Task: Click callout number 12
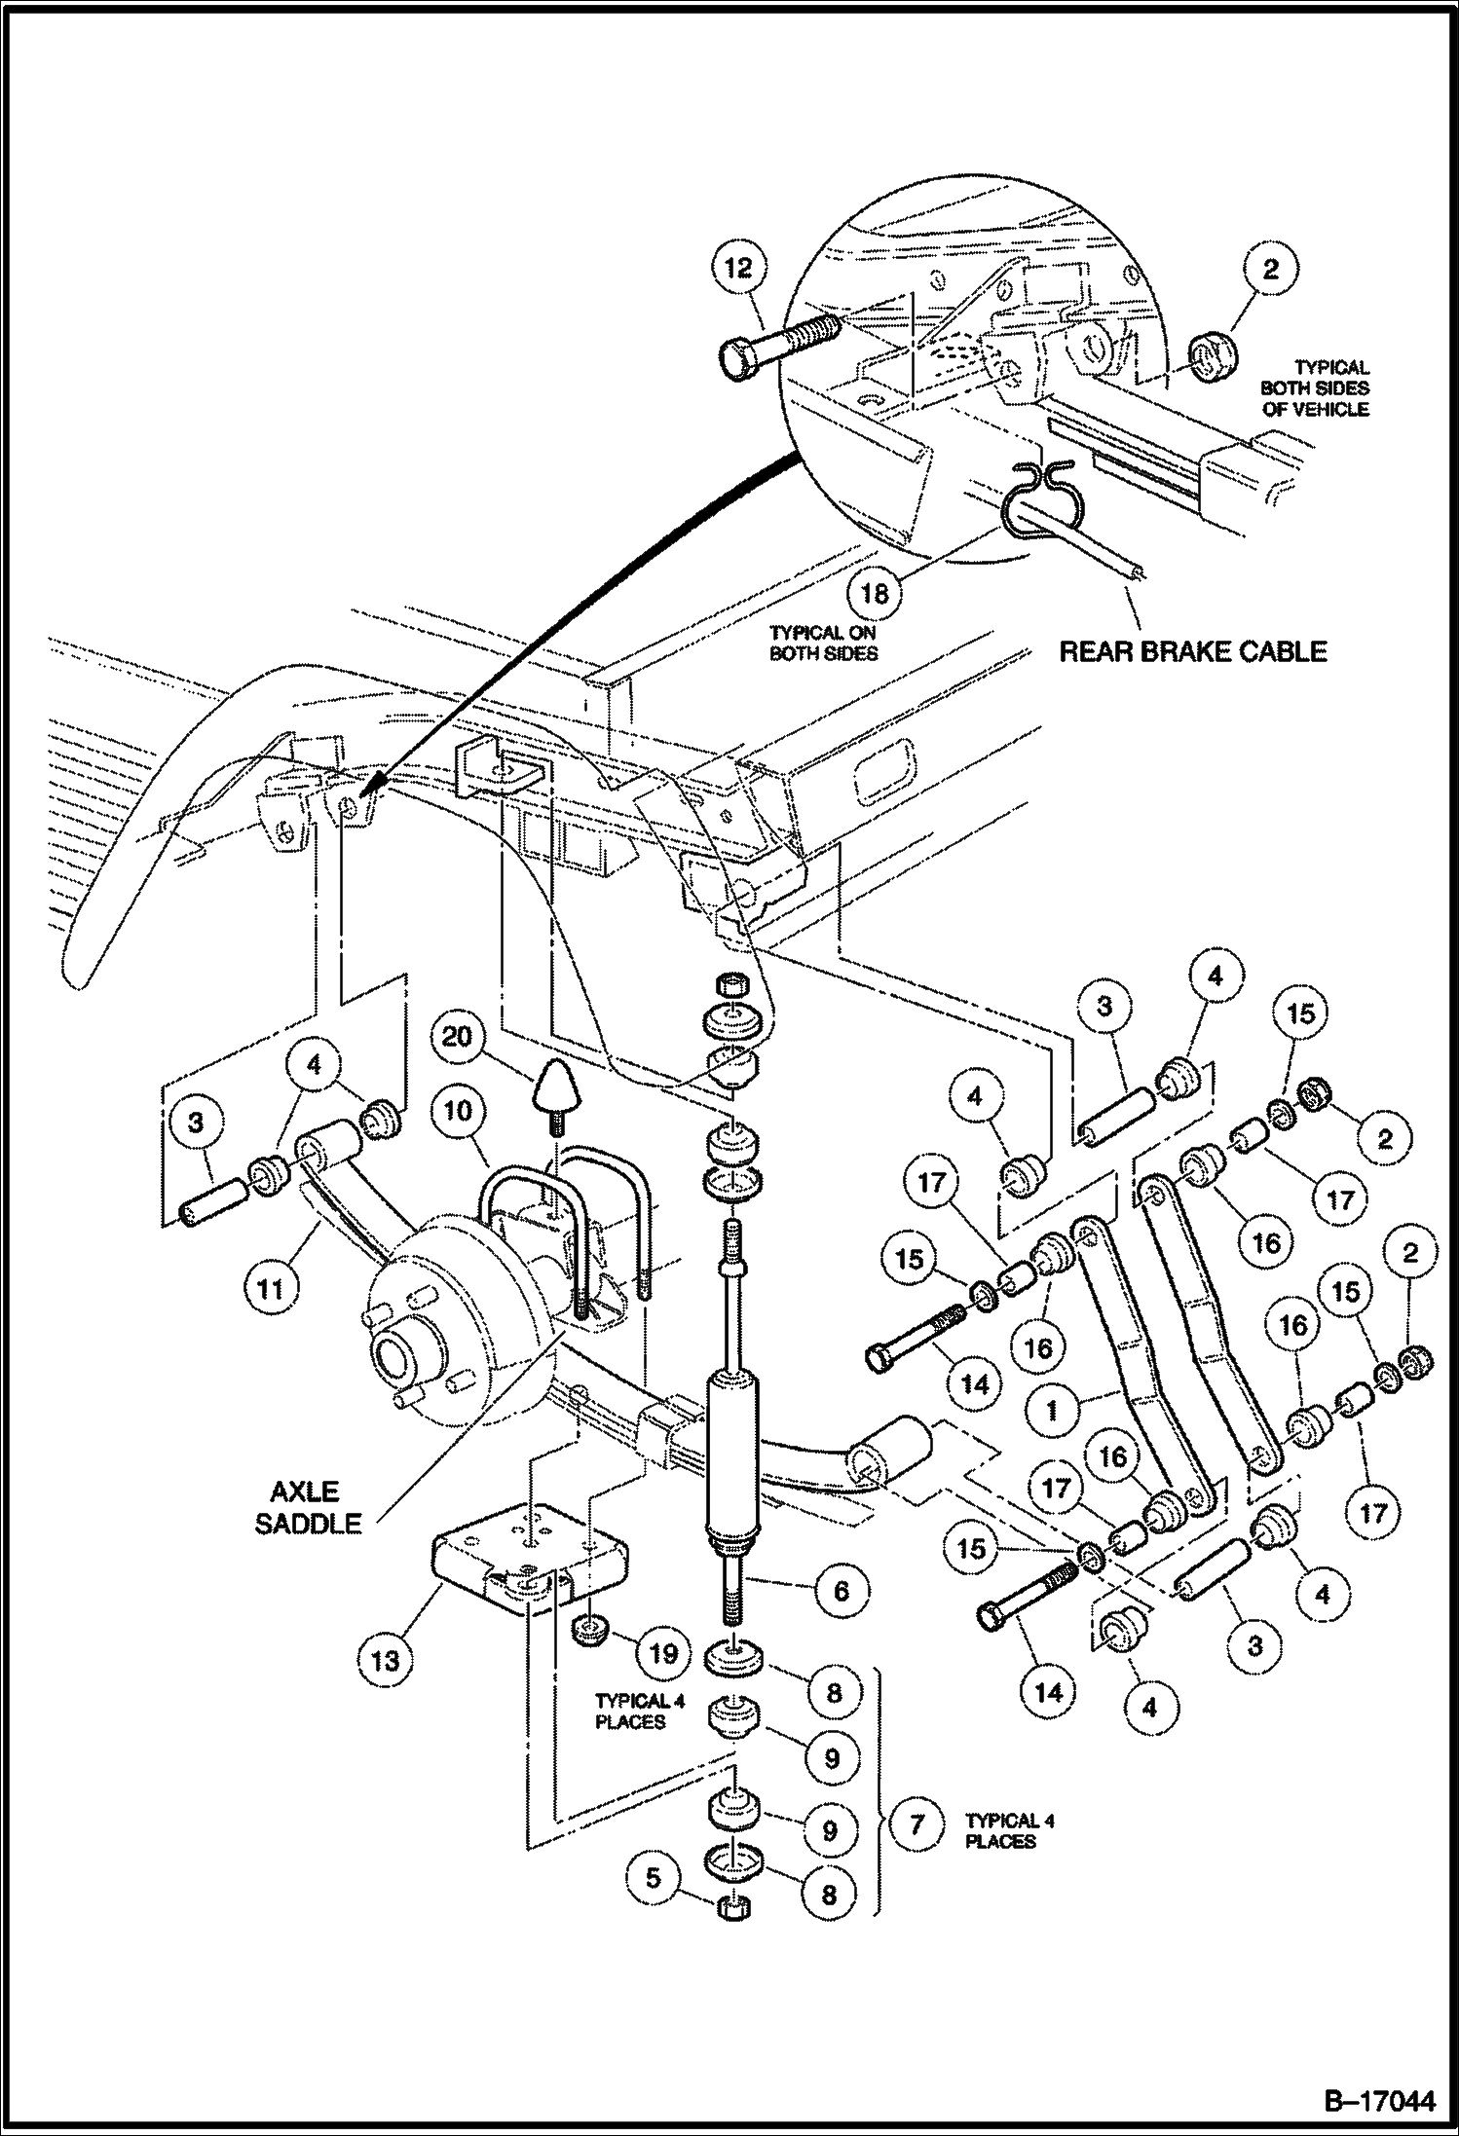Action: tap(739, 268)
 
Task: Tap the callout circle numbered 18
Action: tap(876, 591)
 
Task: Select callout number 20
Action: tap(456, 1037)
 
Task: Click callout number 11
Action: tap(270, 1288)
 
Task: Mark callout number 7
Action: tap(916, 1823)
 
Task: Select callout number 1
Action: tap(1053, 1410)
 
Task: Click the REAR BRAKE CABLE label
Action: tap(1192, 650)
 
